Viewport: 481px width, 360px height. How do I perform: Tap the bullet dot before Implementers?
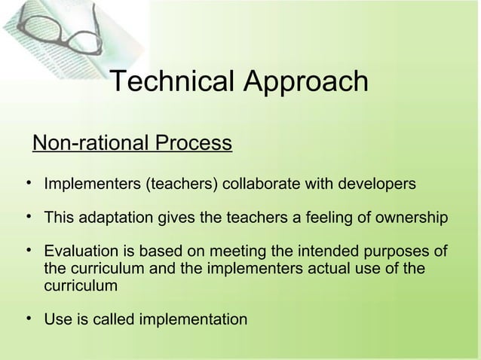(x=26, y=183)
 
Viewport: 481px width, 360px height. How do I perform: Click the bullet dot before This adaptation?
(x=26, y=218)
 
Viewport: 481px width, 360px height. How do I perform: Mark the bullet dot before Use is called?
(x=26, y=319)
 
